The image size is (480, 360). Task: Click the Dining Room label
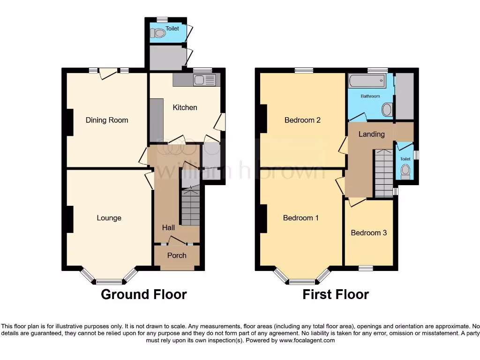click(106, 120)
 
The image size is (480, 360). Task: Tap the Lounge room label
click(109, 217)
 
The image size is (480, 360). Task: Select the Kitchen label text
click(185, 107)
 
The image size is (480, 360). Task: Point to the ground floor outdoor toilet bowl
click(158, 33)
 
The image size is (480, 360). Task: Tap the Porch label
click(177, 255)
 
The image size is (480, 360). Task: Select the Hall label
click(168, 227)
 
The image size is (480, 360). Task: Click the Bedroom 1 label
click(301, 217)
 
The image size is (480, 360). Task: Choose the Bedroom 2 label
click(302, 120)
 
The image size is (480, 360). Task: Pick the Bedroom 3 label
click(368, 232)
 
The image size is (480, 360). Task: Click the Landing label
click(371, 134)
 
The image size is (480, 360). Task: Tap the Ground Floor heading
click(144, 294)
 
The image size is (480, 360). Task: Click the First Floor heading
click(335, 294)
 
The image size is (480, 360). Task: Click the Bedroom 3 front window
click(366, 268)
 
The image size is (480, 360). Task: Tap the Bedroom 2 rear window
click(304, 71)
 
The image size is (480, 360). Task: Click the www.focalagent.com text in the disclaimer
click(307, 341)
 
